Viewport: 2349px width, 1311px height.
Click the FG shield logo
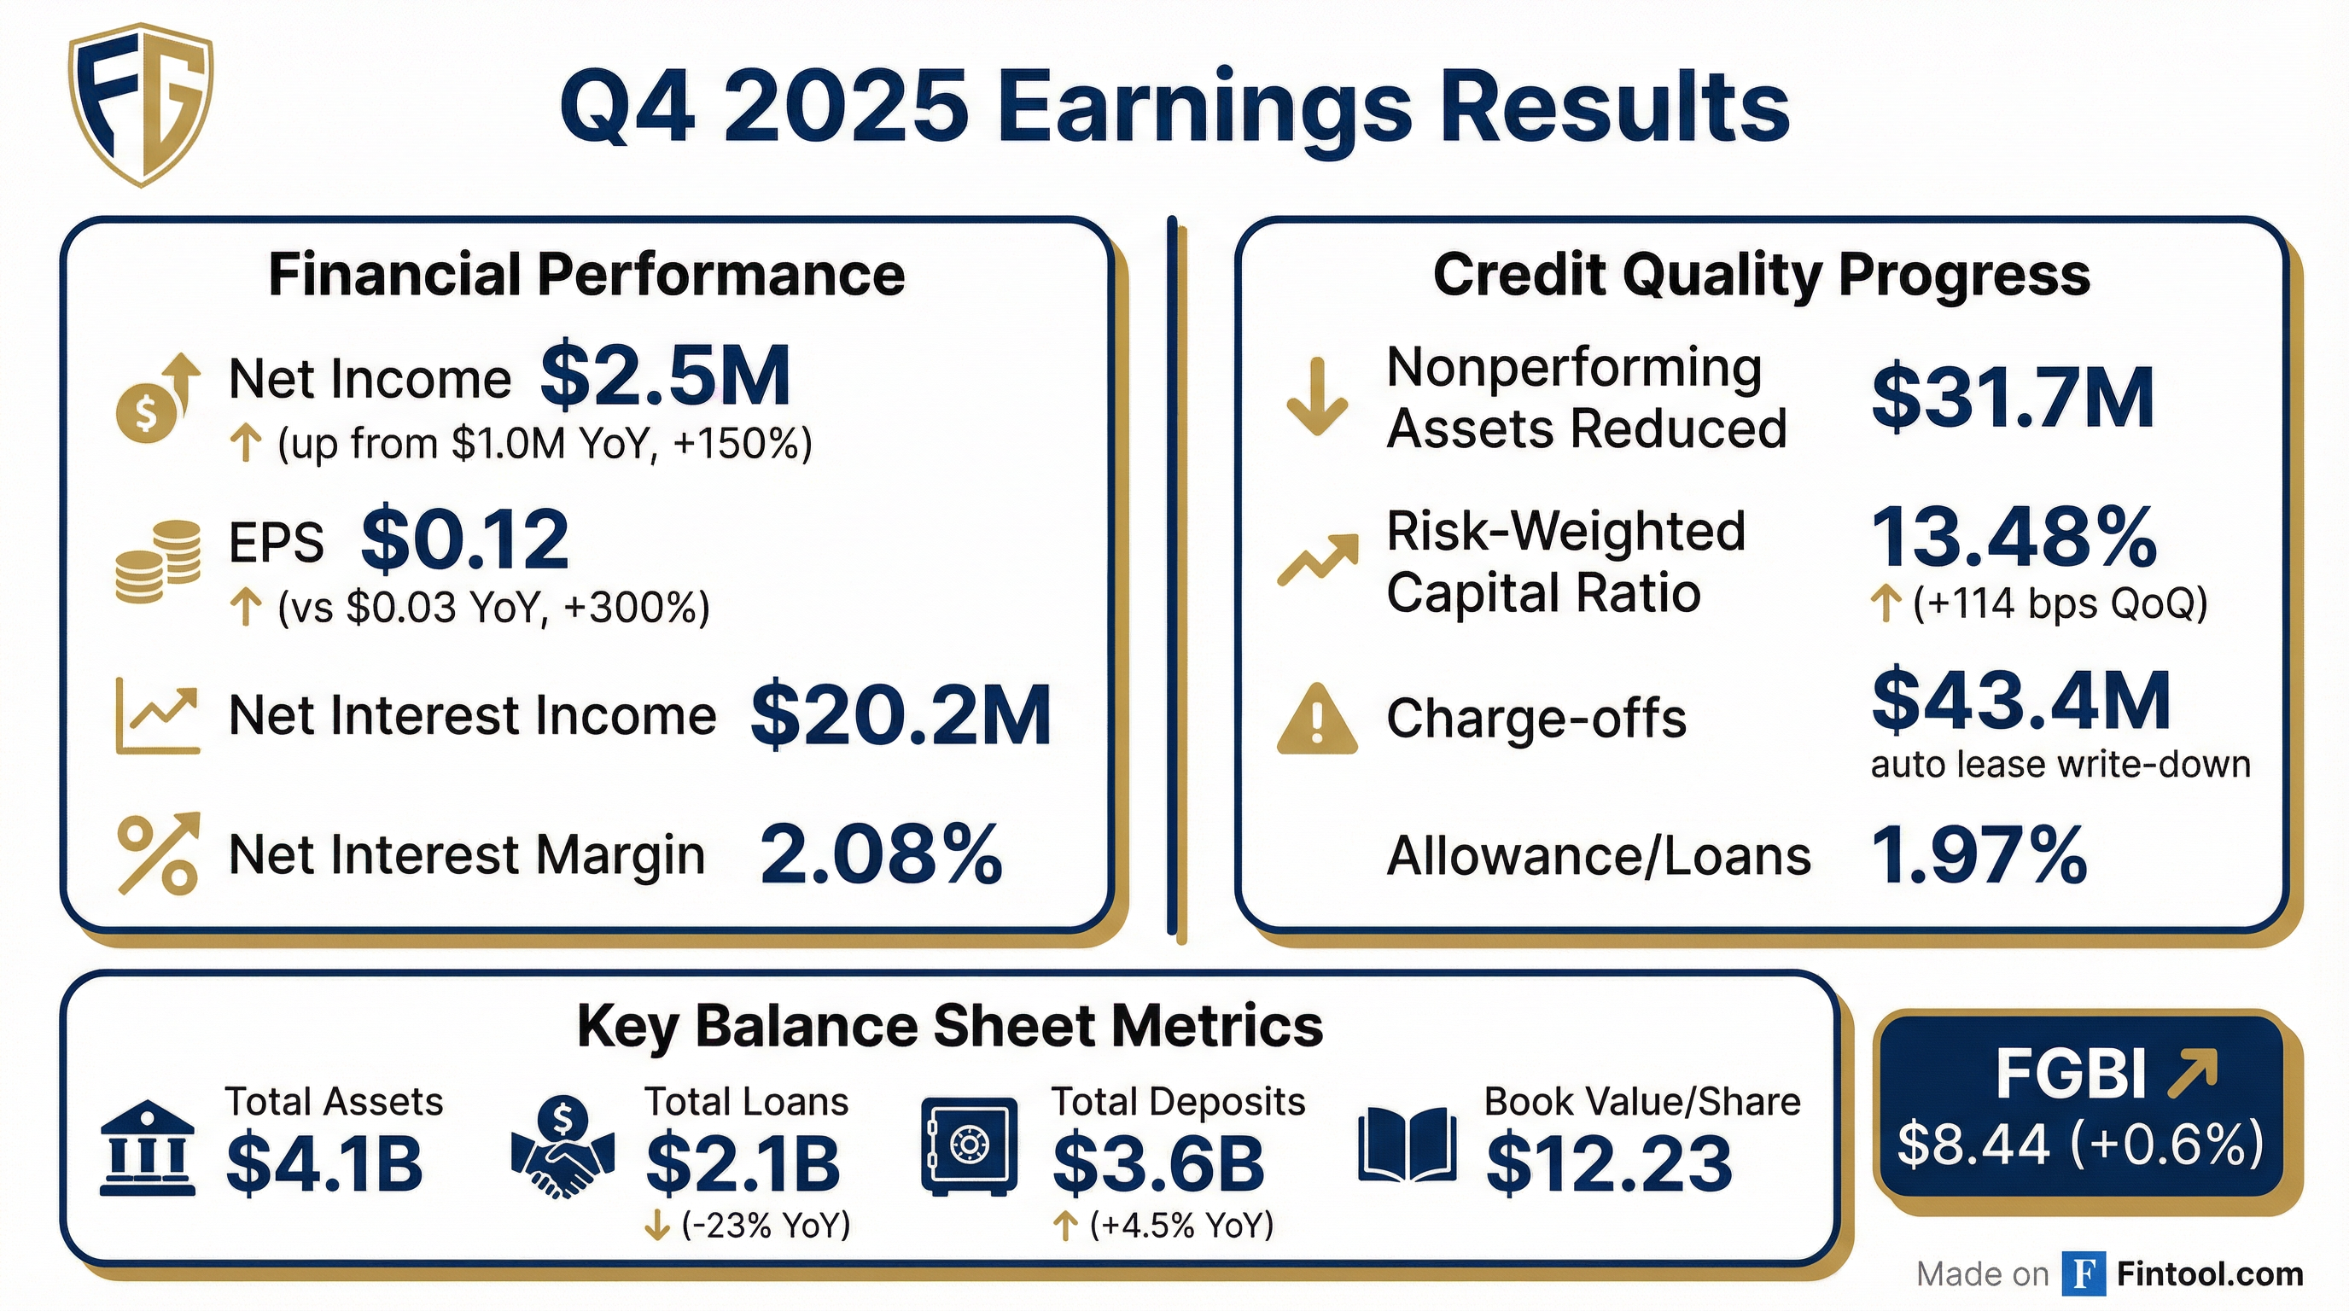(x=142, y=105)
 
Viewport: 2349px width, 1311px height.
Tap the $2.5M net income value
(x=665, y=376)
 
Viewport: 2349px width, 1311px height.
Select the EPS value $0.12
(x=465, y=539)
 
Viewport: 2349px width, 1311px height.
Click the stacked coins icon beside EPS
(x=158, y=562)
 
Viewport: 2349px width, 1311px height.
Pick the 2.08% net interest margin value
(x=881, y=854)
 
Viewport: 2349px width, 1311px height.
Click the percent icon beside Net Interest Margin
(x=159, y=854)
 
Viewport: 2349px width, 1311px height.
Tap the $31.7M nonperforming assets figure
(x=2013, y=398)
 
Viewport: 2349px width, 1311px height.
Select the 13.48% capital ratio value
(x=2014, y=538)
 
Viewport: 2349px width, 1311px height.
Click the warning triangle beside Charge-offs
(x=1317, y=720)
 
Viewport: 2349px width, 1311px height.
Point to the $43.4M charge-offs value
(x=2020, y=700)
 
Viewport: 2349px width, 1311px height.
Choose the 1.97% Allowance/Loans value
(x=1979, y=854)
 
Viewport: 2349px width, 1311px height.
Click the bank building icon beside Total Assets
(x=147, y=1148)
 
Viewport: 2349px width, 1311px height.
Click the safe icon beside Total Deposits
(x=970, y=1146)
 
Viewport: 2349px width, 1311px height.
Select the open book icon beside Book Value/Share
(x=1407, y=1146)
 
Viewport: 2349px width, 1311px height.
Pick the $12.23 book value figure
(x=1609, y=1164)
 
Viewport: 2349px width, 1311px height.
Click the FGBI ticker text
(x=2070, y=1074)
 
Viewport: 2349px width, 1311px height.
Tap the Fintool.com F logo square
(x=2084, y=1273)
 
